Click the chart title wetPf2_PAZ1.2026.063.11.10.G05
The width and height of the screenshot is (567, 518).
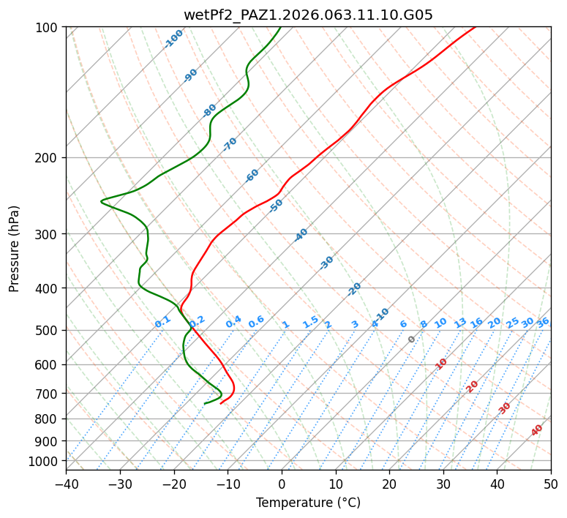point(308,15)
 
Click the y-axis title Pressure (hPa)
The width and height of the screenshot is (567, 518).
point(15,248)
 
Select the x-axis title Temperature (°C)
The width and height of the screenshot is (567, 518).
point(308,503)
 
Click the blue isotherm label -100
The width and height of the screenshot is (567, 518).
point(174,38)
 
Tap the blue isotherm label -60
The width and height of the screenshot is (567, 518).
point(252,176)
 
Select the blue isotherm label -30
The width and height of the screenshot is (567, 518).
point(326,263)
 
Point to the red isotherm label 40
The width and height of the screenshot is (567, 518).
point(537,430)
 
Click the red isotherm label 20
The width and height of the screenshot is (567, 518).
point(473,386)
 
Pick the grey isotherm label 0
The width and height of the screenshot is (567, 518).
point(412,339)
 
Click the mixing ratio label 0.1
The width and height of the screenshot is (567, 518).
point(162,322)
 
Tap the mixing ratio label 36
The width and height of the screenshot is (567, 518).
point(543,322)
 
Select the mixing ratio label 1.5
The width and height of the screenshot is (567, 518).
point(310,322)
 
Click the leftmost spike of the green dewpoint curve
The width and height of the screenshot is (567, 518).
point(102,200)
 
